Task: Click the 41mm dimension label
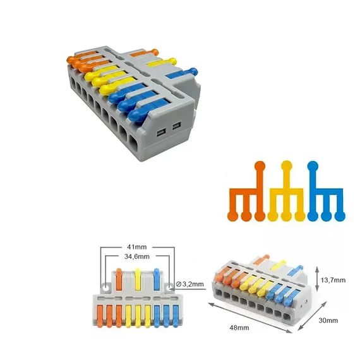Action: click(137, 247)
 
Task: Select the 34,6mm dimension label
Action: click(137, 256)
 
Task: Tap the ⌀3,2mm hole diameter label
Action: click(190, 284)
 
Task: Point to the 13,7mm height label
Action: click(333, 280)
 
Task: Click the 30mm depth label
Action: click(328, 320)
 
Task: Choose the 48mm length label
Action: click(239, 328)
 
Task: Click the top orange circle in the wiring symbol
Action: click(260, 166)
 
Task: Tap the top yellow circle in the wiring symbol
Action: click(286, 165)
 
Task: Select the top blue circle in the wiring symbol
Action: click(313, 166)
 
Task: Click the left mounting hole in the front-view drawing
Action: click(105, 288)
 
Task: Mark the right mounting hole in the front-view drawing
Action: click(170, 287)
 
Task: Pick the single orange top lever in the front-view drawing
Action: click(119, 279)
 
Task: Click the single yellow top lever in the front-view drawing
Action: click(138, 279)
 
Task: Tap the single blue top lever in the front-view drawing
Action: click(157, 279)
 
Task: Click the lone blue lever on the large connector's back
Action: click(182, 73)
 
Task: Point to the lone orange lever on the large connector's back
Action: click(145, 53)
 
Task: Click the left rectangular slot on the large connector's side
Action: click(160, 133)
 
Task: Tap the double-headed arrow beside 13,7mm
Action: click(317, 279)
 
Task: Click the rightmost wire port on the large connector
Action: click(133, 143)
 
